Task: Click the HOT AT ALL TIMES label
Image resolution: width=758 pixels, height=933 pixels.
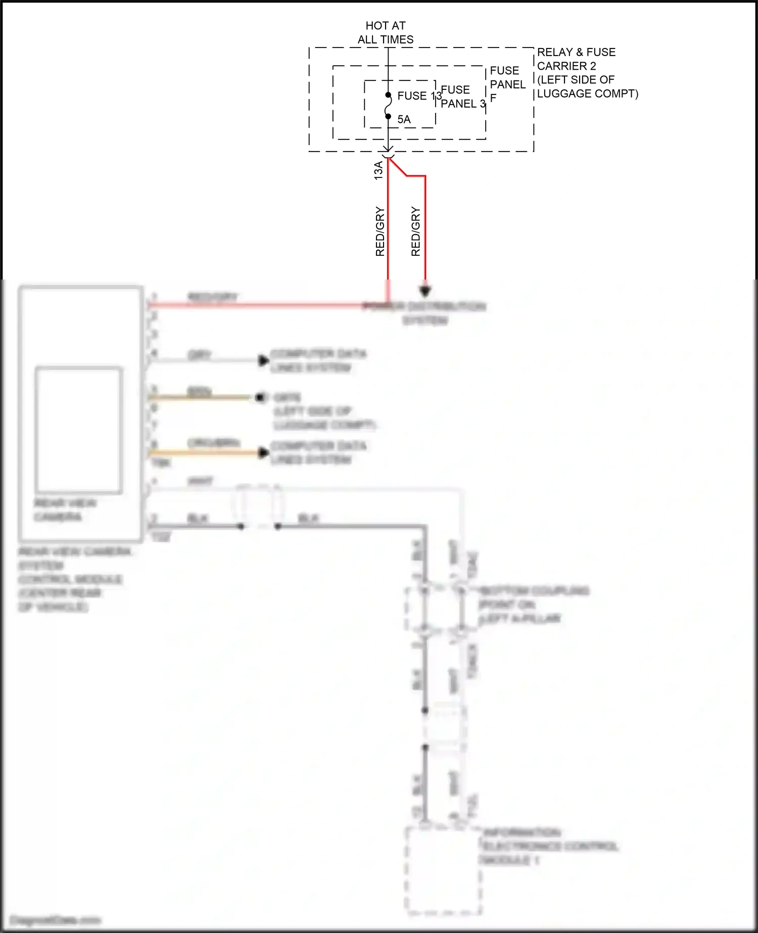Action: pyautogui.click(x=386, y=32)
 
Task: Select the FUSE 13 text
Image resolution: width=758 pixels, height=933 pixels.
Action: pyautogui.click(x=419, y=96)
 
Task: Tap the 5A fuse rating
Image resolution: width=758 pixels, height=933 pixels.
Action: pyautogui.click(x=404, y=120)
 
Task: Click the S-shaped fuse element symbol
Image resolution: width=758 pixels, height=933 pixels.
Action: pyautogui.click(x=388, y=106)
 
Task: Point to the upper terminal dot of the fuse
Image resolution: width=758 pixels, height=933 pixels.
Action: pyautogui.click(x=388, y=95)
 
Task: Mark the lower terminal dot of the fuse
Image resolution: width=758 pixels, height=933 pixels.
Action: pyautogui.click(x=388, y=117)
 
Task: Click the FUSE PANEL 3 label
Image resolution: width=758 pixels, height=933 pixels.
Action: pyautogui.click(x=462, y=97)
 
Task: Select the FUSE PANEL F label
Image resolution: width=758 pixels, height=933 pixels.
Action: pyautogui.click(x=507, y=84)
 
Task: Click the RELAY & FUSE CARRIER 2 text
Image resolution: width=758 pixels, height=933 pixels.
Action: pyautogui.click(x=576, y=59)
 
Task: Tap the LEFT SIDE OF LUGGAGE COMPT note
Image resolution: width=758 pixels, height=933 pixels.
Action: pyautogui.click(x=587, y=87)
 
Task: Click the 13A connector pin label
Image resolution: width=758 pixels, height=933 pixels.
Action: pyautogui.click(x=378, y=170)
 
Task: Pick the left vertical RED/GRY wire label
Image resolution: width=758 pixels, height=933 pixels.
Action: pyautogui.click(x=380, y=231)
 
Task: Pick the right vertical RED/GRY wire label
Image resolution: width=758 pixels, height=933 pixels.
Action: pyautogui.click(x=415, y=231)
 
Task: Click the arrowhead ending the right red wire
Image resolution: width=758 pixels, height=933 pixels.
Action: pyautogui.click(x=425, y=291)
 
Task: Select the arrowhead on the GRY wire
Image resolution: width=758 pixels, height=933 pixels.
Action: pyautogui.click(x=263, y=360)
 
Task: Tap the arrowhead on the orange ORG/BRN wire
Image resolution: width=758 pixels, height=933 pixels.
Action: pyautogui.click(x=263, y=452)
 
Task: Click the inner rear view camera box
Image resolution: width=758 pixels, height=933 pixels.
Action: pyautogui.click(x=79, y=430)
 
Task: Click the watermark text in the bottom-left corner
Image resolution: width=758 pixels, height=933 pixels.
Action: pyautogui.click(x=56, y=920)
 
